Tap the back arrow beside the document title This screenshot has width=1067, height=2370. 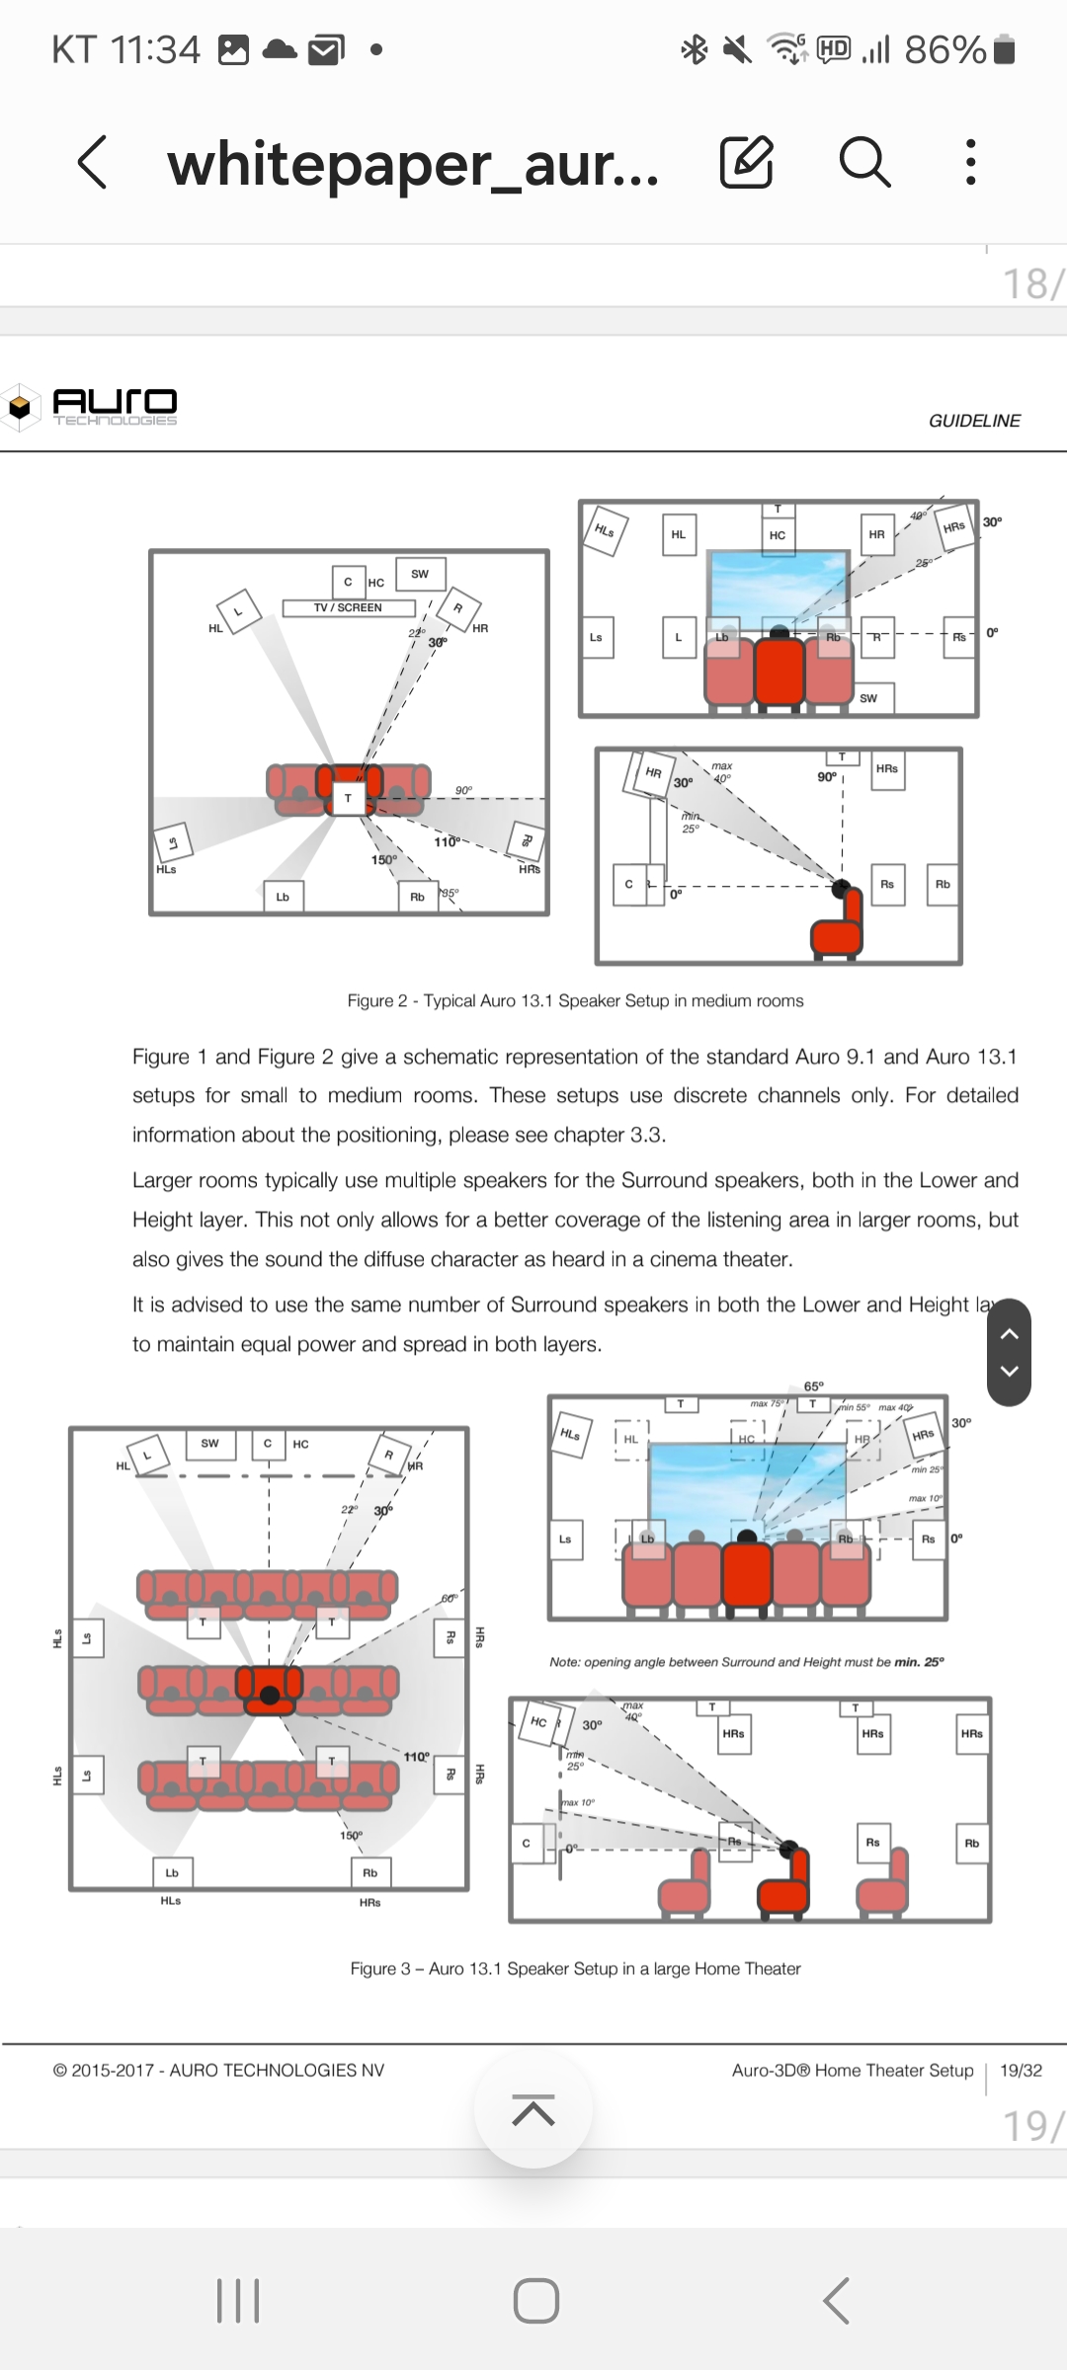[93, 163]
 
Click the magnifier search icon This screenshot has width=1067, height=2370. [864, 163]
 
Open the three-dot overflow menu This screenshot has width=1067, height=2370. [971, 163]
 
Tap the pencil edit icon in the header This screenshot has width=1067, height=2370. [746, 163]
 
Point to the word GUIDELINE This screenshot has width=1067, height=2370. [974, 421]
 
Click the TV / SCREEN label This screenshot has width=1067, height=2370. [348, 608]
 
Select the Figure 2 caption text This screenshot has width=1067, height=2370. [575, 1001]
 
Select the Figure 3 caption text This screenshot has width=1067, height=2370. [575, 1969]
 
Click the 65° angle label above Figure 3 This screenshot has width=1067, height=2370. [814, 1386]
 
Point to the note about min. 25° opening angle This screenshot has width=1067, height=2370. [747, 1662]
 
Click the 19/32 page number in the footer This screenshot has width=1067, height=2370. [1021, 2071]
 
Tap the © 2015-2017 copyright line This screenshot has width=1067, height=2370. [218, 2071]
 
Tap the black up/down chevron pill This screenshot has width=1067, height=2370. [1010, 1353]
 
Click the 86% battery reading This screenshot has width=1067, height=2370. [945, 49]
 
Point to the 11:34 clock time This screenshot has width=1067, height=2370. [155, 49]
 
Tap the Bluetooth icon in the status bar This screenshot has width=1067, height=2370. [695, 49]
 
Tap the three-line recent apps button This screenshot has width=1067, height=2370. [238, 2301]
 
